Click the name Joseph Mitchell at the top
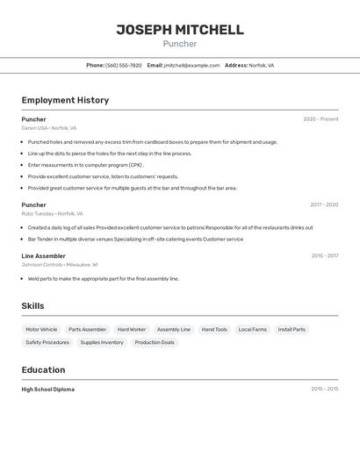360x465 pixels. [x=180, y=30]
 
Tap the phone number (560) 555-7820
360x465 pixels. [x=123, y=65]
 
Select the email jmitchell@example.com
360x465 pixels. [x=191, y=65]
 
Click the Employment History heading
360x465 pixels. [x=65, y=100]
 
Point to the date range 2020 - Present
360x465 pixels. [x=320, y=119]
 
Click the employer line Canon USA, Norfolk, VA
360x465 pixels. [x=49, y=128]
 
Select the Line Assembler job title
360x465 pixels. [x=43, y=256]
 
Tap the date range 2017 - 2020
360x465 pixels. [x=324, y=205]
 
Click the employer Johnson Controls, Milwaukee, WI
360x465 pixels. [x=60, y=264]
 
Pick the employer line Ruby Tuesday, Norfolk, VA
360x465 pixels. [x=52, y=213]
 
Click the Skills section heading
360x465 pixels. [x=33, y=306]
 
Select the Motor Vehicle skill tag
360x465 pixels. [x=41, y=330]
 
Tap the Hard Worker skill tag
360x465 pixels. [x=132, y=330]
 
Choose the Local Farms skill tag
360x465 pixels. [x=252, y=330]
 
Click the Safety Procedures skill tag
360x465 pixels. [x=47, y=342]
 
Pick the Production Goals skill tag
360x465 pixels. [x=155, y=342]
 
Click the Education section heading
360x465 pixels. [x=43, y=370]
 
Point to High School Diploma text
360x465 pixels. [x=48, y=389]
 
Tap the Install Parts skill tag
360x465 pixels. [x=292, y=330]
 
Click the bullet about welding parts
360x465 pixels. [x=103, y=278]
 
